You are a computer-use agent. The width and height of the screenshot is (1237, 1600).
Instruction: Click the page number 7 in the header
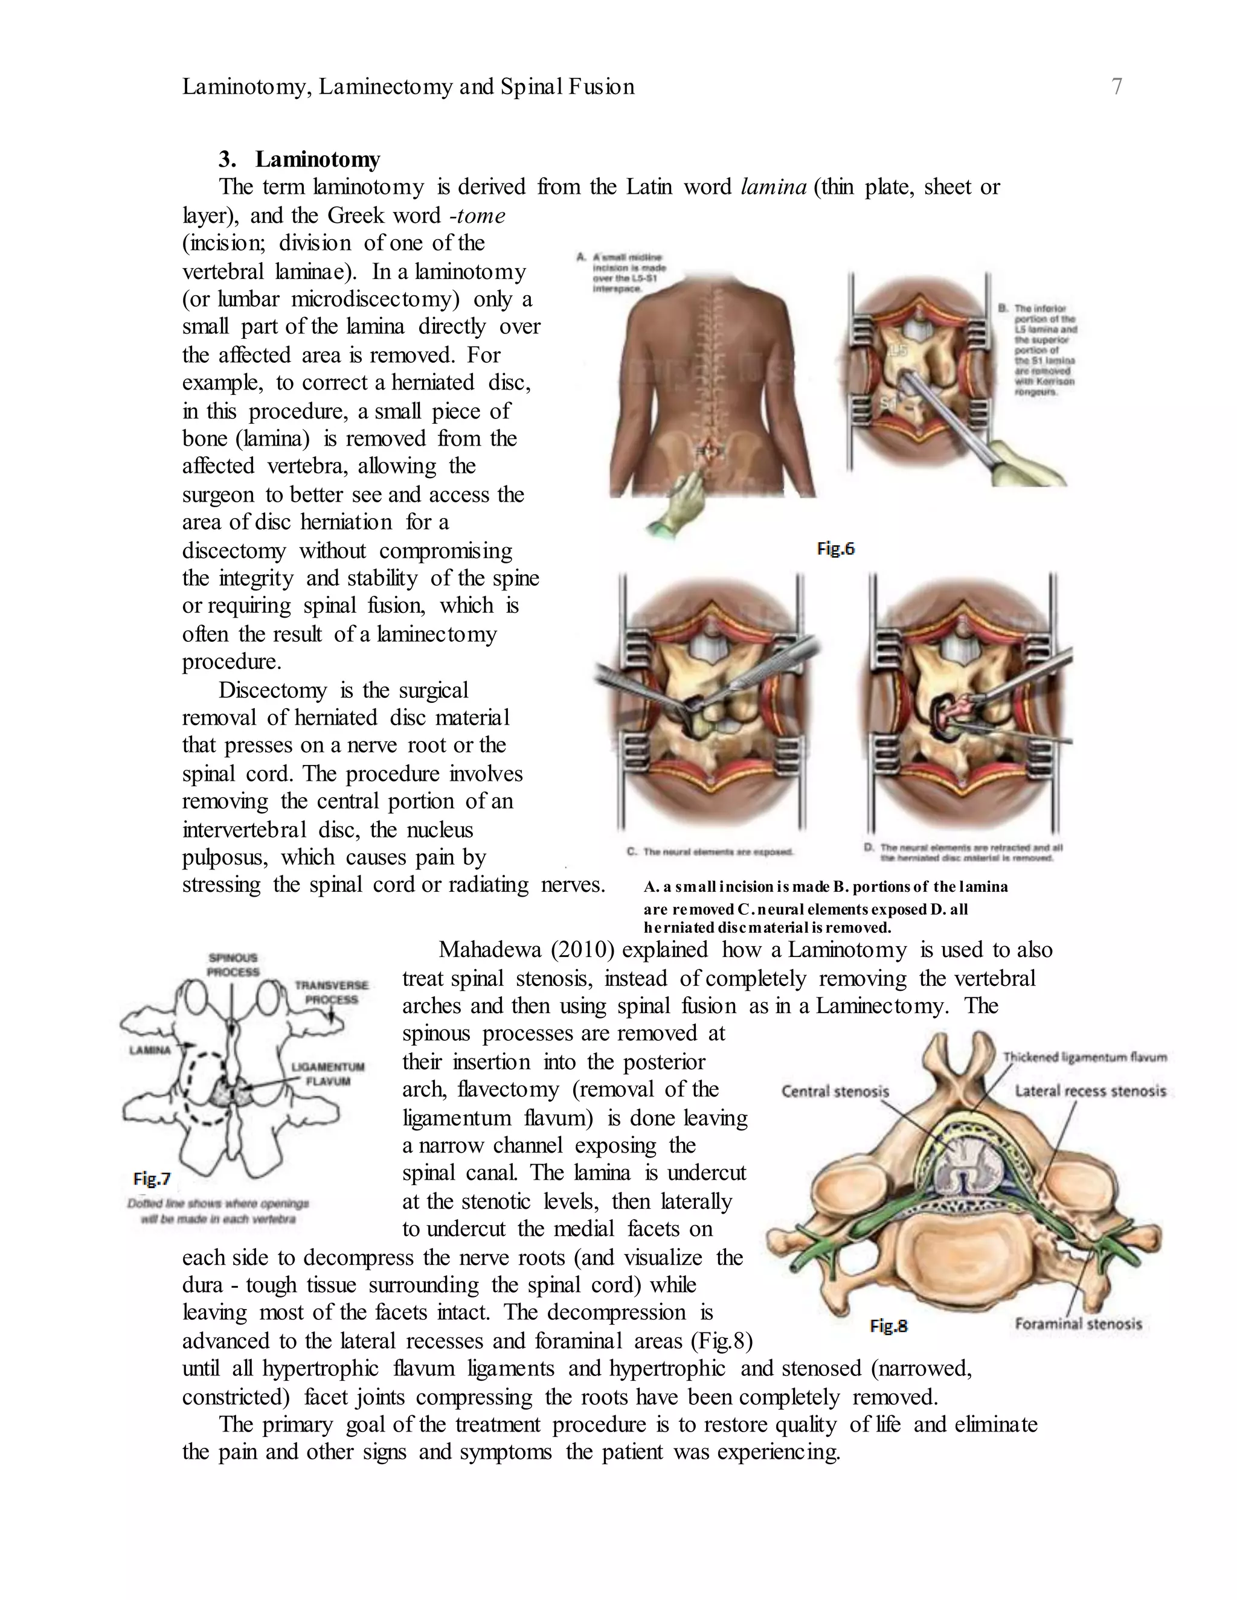point(1117,87)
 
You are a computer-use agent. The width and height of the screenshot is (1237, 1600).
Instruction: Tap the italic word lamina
point(773,188)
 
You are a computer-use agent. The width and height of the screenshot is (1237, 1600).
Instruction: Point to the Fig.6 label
point(835,549)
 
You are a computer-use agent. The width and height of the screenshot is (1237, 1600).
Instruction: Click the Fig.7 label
point(152,1179)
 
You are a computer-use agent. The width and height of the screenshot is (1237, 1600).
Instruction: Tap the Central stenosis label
point(835,1092)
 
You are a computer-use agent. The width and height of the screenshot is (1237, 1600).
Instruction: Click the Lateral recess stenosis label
point(1090,1091)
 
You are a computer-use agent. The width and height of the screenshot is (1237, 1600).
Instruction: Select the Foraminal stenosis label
point(1078,1324)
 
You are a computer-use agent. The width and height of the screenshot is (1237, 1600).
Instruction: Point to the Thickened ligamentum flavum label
point(1085,1057)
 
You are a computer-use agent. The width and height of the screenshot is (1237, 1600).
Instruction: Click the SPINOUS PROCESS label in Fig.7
point(234,965)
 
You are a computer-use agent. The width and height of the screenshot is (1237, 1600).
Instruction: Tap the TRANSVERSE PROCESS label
point(331,993)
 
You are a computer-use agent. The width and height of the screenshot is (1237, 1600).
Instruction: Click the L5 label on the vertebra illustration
point(898,351)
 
